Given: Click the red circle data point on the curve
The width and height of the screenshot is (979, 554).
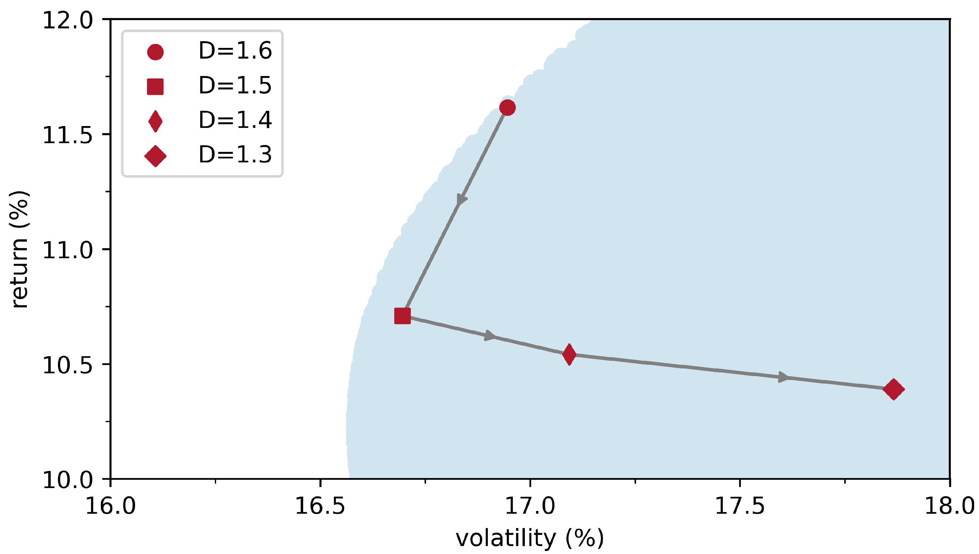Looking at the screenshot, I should tap(507, 108).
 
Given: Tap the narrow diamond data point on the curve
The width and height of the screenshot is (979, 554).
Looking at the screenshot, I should tap(569, 354).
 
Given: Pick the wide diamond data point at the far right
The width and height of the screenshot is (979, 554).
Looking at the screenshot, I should tap(894, 389).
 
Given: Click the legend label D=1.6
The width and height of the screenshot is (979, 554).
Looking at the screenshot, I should tap(235, 51).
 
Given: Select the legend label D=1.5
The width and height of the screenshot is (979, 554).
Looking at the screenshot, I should tap(235, 85).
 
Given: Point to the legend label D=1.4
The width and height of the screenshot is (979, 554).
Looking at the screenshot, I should tap(235, 120).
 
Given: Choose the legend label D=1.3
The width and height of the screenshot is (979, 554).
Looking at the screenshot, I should tap(235, 154).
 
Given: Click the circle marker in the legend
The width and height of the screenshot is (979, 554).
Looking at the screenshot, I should tap(155, 52).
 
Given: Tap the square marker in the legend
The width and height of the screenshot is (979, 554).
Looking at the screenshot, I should tap(155, 86).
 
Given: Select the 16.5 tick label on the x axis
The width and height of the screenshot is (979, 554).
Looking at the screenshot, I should tap(320, 506).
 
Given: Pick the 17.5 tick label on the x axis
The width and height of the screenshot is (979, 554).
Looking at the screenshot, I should tap(740, 506).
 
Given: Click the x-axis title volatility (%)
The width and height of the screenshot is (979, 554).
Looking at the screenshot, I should tap(529, 538).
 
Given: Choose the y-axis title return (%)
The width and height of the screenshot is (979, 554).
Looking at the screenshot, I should tap(19, 249).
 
